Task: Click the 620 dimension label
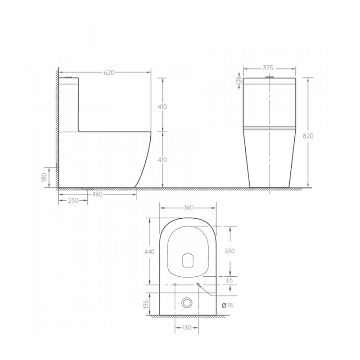(109, 72)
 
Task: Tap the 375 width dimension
(268, 68)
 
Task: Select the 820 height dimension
(308, 136)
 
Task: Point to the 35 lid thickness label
(238, 81)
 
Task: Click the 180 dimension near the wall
(44, 177)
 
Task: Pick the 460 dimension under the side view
(97, 194)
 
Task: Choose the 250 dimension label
(73, 200)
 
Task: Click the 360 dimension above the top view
(189, 207)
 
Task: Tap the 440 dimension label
(149, 252)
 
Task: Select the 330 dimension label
(229, 251)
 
